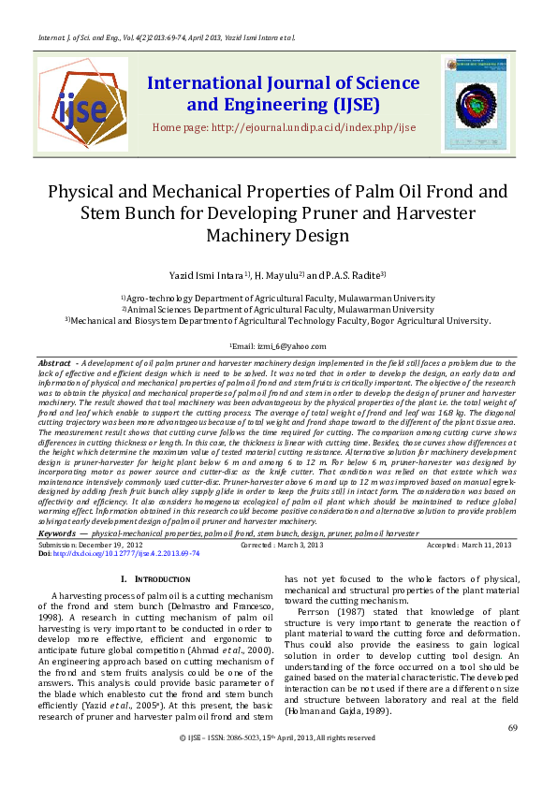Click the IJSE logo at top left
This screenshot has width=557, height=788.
tap(82, 103)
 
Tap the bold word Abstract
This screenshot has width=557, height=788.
tap(55, 362)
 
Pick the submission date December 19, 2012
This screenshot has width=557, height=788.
tap(110, 544)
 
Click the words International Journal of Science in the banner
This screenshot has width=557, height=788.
tap(283, 83)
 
